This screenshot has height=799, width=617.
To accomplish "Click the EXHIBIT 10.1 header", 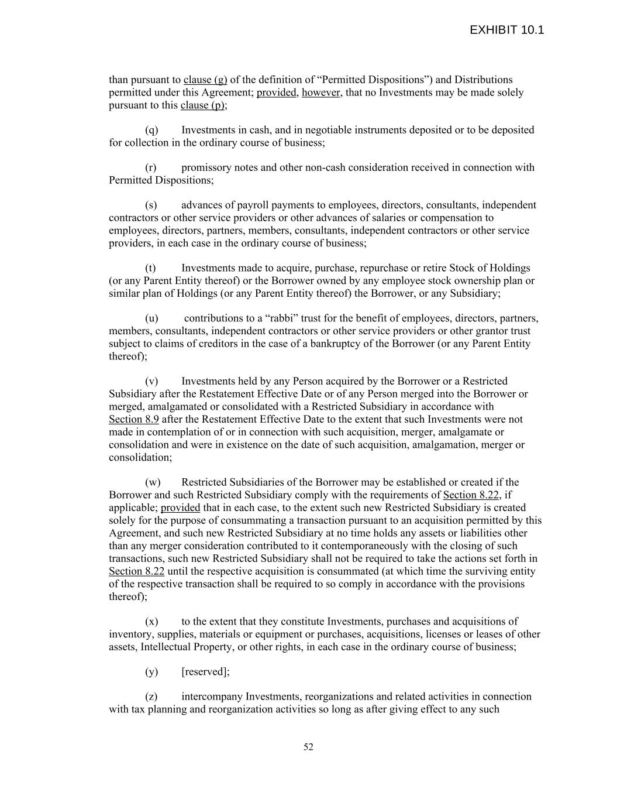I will point(506,30).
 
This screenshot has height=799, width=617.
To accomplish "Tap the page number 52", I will point(308,747).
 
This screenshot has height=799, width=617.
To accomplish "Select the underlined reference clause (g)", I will point(205,80).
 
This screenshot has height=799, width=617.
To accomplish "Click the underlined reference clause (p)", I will point(202,105).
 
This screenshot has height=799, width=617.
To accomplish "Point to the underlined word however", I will point(320,92).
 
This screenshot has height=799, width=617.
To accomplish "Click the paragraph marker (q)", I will point(151,130).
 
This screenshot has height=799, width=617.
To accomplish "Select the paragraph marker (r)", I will point(150,167).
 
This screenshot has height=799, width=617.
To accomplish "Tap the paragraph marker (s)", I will point(150,205).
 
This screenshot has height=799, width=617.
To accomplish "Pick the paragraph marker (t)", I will point(150,268).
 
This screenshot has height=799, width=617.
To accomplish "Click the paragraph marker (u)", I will point(151,318).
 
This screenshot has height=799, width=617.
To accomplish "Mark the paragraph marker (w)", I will point(152,482).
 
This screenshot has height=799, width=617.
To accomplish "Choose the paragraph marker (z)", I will point(151,697).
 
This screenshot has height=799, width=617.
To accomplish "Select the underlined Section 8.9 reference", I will point(134,419).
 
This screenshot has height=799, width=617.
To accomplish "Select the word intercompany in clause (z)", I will point(212,697).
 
